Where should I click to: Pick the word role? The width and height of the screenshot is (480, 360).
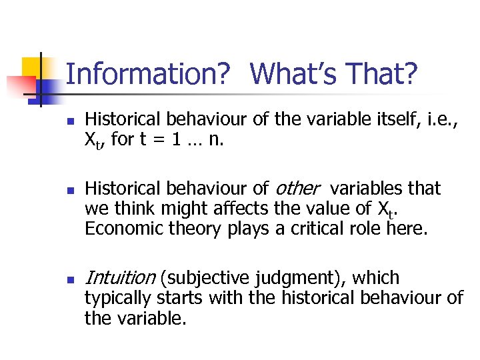(x=377, y=229)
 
